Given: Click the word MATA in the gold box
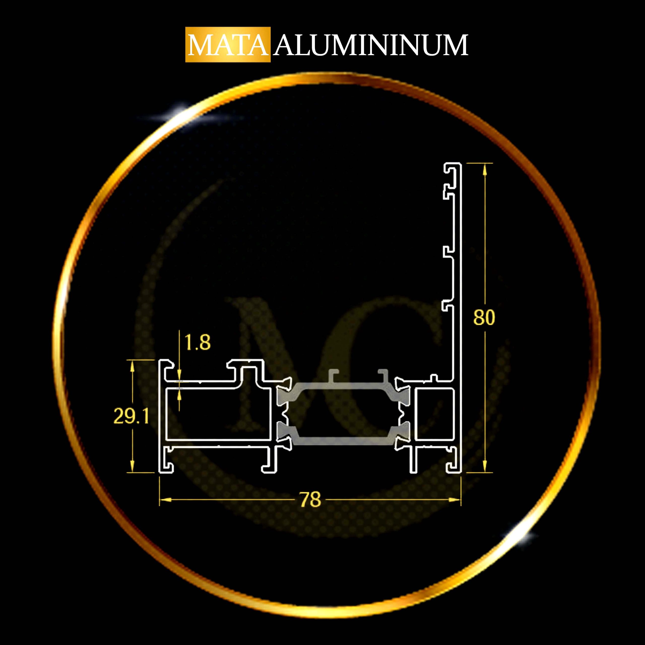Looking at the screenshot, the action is pyautogui.click(x=228, y=45).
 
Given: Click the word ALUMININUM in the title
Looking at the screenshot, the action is pyautogui.click(x=371, y=45).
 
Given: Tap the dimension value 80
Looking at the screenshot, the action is pyautogui.click(x=484, y=317).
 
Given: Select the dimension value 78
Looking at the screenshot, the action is pyautogui.click(x=310, y=500).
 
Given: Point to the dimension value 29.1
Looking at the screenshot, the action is pyautogui.click(x=131, y=416).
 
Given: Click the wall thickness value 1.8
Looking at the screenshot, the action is pyautogui.click(x=197, y=343).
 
